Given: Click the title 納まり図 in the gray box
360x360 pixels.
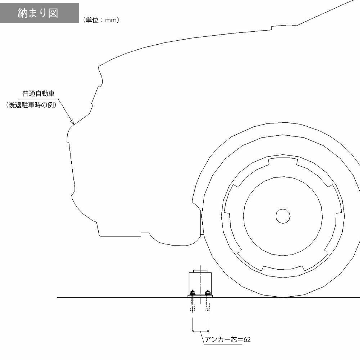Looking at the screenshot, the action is [38, 13].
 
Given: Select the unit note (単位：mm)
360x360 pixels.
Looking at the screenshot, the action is [101, 20].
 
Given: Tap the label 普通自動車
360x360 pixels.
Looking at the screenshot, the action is [39, 94].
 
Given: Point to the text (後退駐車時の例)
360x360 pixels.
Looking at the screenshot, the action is [31, 105].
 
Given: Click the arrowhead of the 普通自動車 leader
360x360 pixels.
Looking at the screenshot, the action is [73, 123].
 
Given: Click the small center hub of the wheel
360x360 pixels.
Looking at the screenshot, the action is [283, 216].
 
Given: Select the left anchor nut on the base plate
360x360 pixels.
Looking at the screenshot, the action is [192, 292].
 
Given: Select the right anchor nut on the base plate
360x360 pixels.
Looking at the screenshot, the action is [208, 292].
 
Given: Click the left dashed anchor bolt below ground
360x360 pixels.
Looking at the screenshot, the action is [192, 305].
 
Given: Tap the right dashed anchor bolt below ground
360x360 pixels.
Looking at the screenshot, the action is [208, 305].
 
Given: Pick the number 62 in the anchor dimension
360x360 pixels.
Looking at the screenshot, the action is [247, 339].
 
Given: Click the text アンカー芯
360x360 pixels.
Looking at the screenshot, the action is [221, 339].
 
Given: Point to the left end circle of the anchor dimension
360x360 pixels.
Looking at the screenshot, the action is [192, 331].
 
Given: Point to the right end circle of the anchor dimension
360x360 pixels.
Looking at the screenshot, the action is [208, 331].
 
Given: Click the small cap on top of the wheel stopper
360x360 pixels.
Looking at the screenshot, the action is [200, 271].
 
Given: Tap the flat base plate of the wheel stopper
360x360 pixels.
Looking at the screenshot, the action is [200, 296].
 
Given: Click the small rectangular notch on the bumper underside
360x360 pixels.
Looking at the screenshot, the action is [145, 235].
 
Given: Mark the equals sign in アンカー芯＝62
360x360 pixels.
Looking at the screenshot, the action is [240, 339].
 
